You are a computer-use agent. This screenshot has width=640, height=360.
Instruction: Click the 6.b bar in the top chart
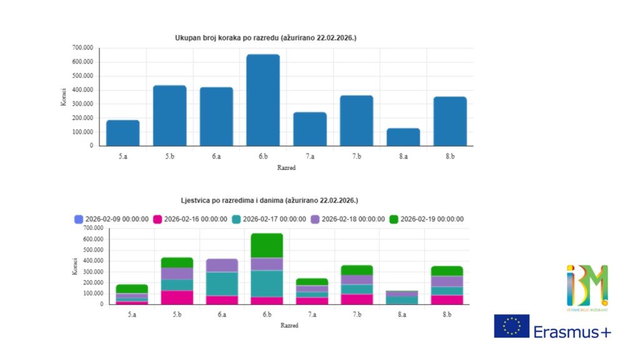pos(263,100)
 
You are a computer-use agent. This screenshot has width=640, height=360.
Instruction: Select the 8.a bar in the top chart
pos(404,137)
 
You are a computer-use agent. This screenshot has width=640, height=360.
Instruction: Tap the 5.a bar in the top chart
pos(122,132)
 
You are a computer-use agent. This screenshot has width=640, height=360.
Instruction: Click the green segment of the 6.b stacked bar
pos(267,245)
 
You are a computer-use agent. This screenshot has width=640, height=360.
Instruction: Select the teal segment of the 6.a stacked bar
pos(222,284)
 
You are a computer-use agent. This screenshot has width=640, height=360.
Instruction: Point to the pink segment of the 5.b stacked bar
pos(177,297)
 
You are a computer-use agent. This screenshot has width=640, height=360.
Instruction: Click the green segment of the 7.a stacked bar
pos(312,282)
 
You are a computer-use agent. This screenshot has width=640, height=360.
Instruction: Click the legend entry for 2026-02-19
pos(426,219)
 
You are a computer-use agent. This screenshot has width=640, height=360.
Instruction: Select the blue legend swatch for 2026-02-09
pos(79,219)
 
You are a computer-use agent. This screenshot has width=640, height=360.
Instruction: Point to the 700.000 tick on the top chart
pos(82,47)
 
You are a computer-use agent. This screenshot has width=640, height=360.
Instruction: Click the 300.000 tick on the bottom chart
pos(93,272)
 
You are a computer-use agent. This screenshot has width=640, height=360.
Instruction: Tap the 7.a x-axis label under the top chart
pos(309,156)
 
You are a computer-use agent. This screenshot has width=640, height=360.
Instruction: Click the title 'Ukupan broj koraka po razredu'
pos(266,38)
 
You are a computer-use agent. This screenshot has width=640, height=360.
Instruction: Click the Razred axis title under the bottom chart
pos(289,326)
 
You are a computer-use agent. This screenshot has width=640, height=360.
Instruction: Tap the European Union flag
pos(512,326)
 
